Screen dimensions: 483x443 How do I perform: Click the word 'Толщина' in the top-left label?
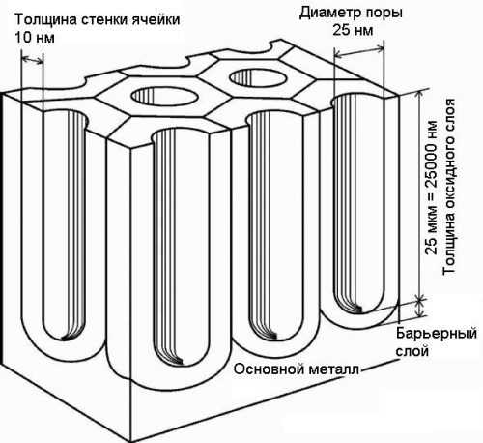coord(45,20)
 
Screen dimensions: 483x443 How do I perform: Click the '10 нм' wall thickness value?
coord(35,38)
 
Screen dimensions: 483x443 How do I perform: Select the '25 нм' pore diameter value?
coord(353,30)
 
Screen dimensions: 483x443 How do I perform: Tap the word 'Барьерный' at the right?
coord(437,334)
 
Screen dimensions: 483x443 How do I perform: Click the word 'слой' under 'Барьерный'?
coord(412,351)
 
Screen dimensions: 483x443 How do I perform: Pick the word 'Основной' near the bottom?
coord(270,369)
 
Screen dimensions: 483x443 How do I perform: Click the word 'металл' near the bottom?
coord(333,369)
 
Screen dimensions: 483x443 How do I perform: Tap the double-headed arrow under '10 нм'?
coord(32,60)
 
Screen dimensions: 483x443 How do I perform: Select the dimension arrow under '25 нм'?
coord(359,53)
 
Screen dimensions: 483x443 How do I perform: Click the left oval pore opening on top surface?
coord(163,96)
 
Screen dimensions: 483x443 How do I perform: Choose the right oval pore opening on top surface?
coord(259,77)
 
